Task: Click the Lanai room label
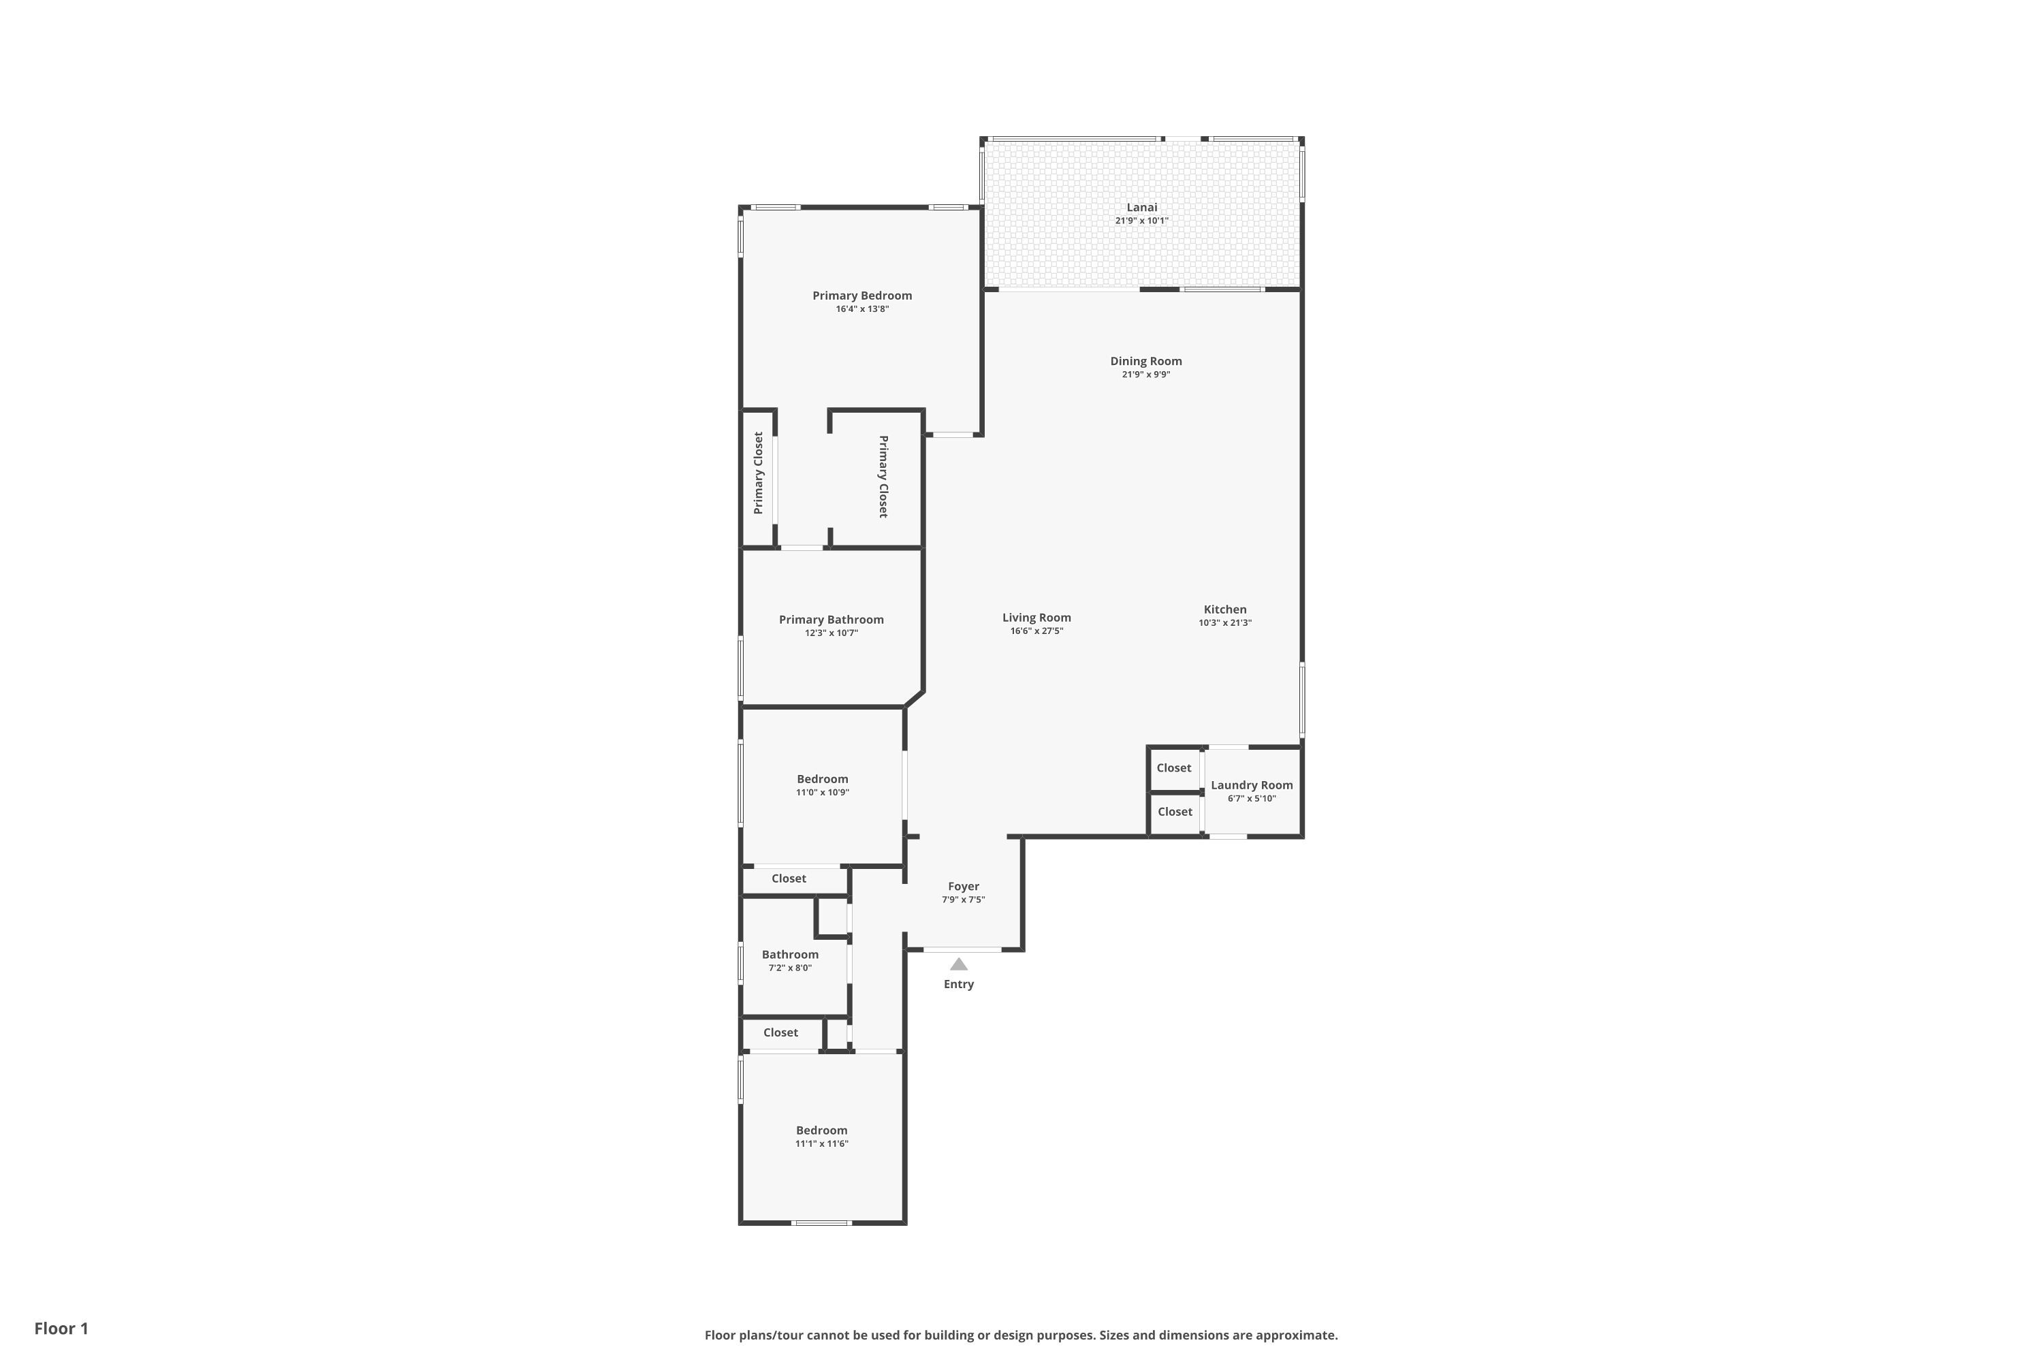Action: click(x=1141, y=208)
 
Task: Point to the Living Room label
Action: click(x=1036, y=618)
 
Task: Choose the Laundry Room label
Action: click(x=1252, y=785)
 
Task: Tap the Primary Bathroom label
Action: click(x=832, y=619)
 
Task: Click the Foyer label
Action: click(x=964, y=886)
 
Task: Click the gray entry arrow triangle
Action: click(x=959, y=964)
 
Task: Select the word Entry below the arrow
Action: click(x=959, y=984)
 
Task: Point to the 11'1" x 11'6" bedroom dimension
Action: click(x=822, y=1144)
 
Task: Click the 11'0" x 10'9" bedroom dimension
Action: click(x=823, y=792)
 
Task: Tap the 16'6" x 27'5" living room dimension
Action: click(x=1036, y=631)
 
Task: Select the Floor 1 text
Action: click(x=62, y=1328)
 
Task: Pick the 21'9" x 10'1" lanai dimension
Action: click(x=1141, y=221)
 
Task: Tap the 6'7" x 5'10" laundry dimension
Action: click(x=1252, y=798)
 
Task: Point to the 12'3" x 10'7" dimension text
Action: click(x=832, y=633)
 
